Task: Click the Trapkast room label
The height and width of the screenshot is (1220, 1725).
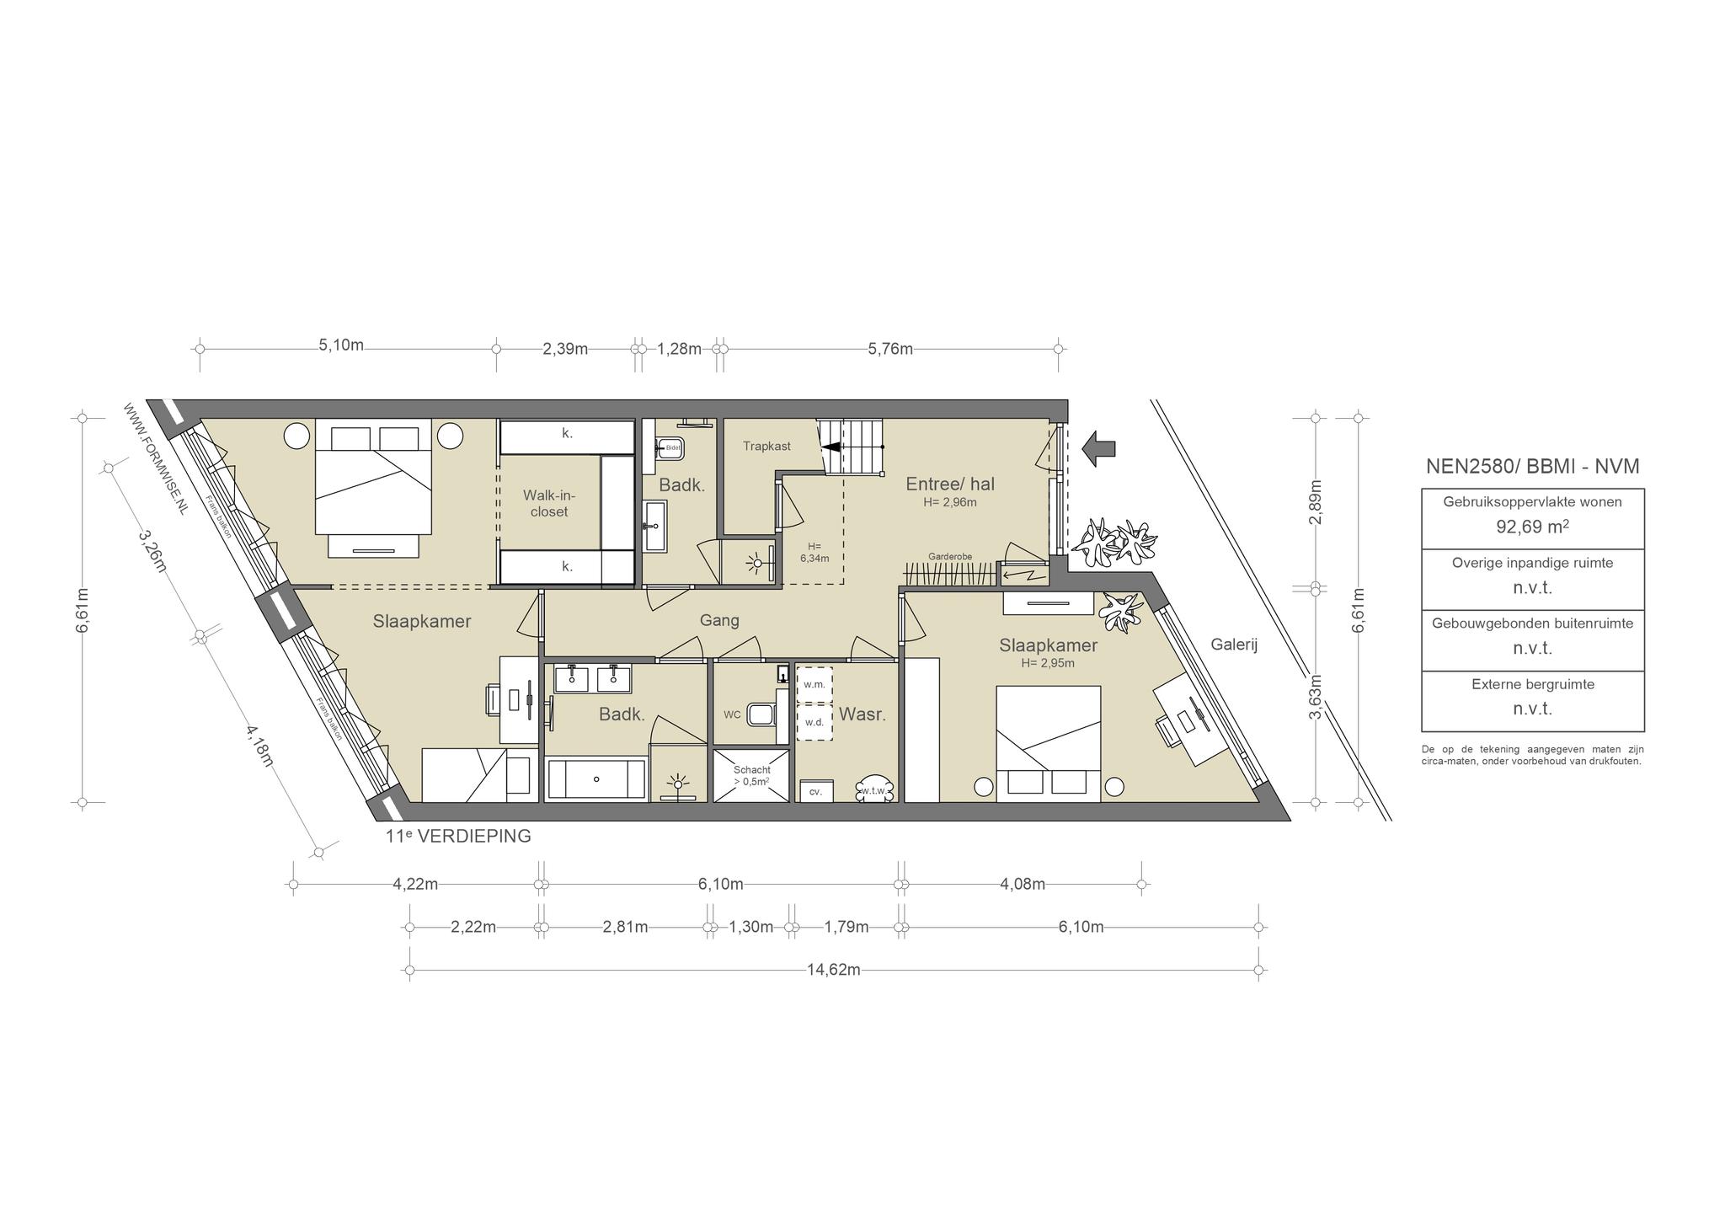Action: tap(766, 446)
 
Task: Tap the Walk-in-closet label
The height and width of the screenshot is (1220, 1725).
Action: tap(549, 503)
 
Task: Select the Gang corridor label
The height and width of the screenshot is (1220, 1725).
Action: tap(719, 620)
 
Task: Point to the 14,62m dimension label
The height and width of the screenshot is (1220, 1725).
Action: tap(834, 970)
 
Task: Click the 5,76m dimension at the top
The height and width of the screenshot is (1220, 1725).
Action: tap(890, 349)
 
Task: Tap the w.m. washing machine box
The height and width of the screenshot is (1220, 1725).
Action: tap(814, 684)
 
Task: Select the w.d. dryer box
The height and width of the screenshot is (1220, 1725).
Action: tap(814, 722)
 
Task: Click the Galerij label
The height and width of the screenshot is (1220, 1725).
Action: tap(1234, 645)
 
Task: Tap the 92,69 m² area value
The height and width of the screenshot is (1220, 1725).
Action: tap(1532, 527)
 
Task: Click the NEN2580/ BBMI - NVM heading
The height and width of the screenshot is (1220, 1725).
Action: tap(1532, 466)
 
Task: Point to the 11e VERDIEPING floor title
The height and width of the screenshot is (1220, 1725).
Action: tap(458, 837)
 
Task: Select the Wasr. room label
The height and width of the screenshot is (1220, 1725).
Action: tap(862, 714)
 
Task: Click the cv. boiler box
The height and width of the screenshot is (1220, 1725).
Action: tap(815, 791)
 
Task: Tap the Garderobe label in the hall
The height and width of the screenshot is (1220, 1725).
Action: tap(950, 557)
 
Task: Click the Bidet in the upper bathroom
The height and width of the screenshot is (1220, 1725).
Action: tap(670, 447)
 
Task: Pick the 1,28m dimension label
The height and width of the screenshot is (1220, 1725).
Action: tap(679, 349)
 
